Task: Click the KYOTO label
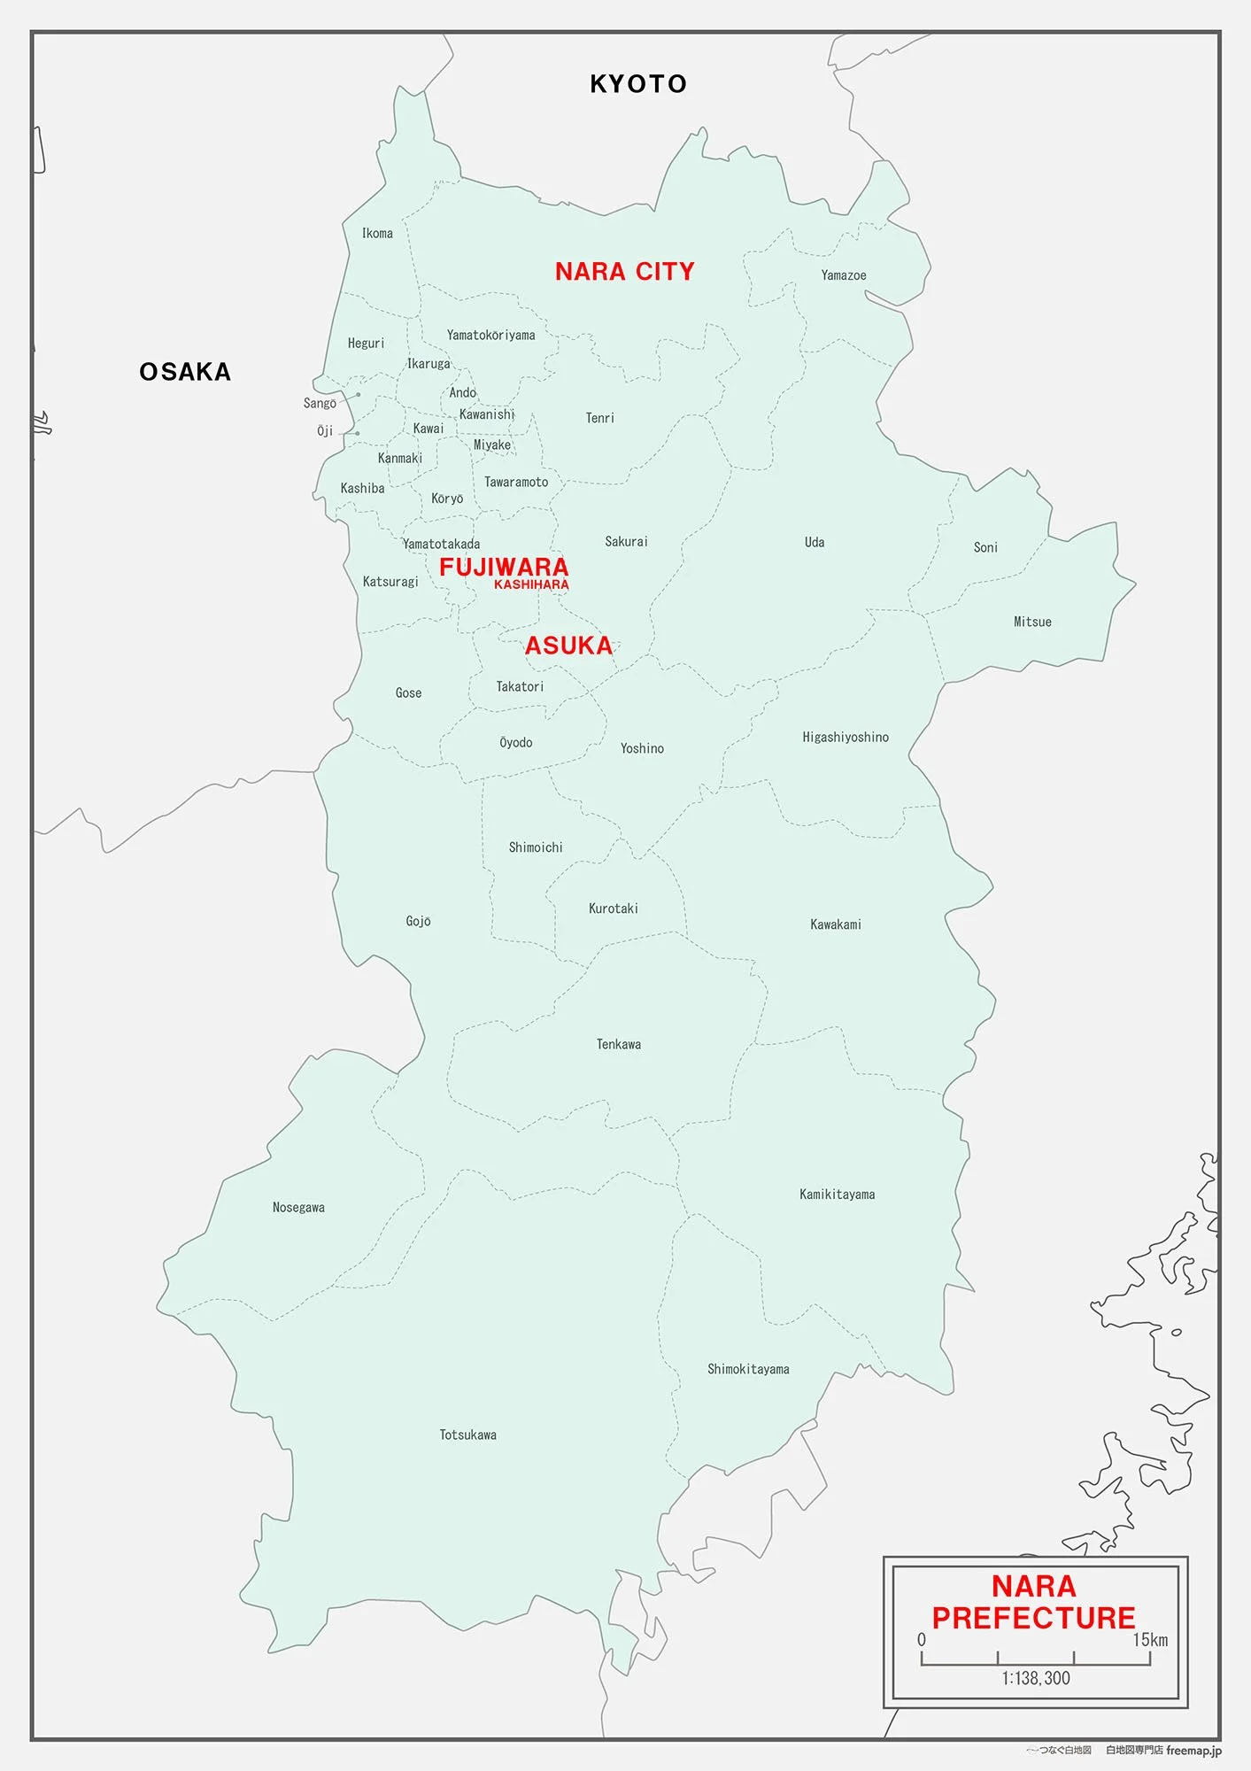click(x=638, y=84)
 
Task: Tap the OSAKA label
click(x=185, y=372)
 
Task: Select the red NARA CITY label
click(x=624, y=272)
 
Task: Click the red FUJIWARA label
click(x=504, y=567)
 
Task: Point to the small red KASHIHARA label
click(x=531, y=584)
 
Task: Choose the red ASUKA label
click(x=568, y=646)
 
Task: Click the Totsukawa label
click(x=467, y=1435)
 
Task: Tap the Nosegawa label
click(x=298, y=1208)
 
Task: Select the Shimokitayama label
click(x=748, y=1369)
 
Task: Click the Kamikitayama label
click(x=837, y=1195)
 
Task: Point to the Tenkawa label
click(x=618, y=1045)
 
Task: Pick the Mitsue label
click(x=1032, y=623)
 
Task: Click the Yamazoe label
click(x=843, y=275)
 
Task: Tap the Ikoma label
click(x=377, y=234)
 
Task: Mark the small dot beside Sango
click(x=359, y=395)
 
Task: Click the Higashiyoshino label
click(x=846, y=738)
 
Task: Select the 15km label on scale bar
click(x=1150, y=1640)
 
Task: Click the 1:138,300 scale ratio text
click(x=1036, y=1678)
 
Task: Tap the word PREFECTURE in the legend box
click(x=1033, y=1619)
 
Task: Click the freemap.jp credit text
click(x=1193, y=1750)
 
